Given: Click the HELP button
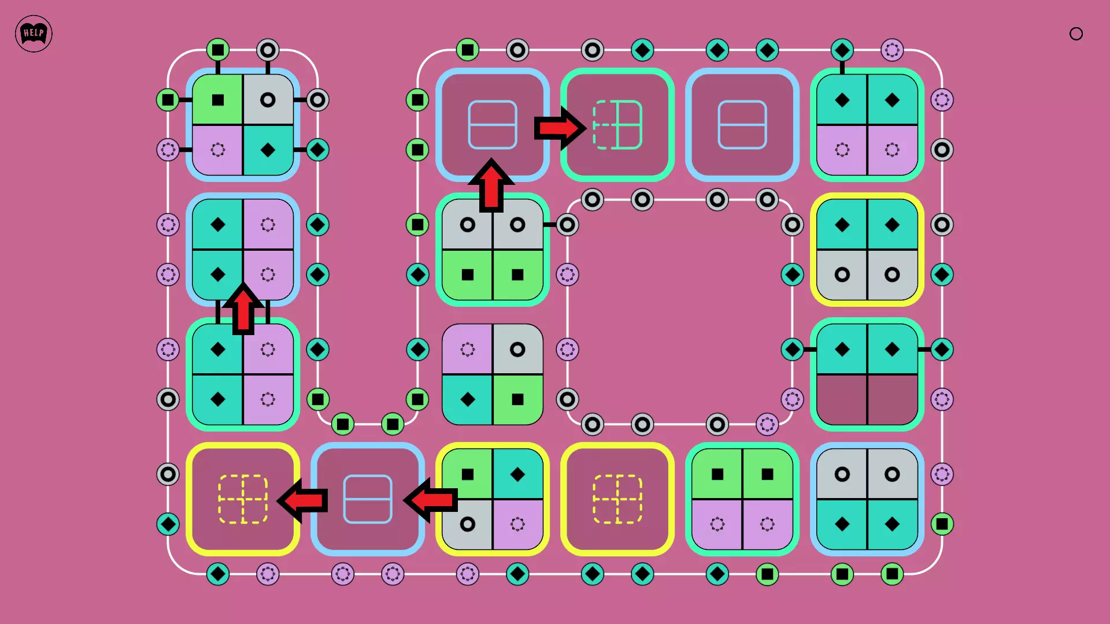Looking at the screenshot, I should [x=34, y=34].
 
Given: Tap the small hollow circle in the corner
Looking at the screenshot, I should [x=1076, y=34].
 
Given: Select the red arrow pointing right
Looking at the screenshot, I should [x=558, y=128].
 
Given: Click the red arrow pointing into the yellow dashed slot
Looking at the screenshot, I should [x=304, y=500].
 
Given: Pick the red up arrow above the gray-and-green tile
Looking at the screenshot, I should [x=491, y=185].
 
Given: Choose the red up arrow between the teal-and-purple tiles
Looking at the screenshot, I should [x=243, y=309].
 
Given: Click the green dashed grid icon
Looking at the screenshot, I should [x=617, y=125].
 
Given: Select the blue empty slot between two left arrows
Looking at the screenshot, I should [x=368, y=499].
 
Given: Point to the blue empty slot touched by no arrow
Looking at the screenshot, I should [x=742, y=125].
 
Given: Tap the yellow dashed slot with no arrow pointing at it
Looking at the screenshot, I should [x=617, y=499].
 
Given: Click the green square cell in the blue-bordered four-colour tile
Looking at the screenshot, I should [x=218, y=100].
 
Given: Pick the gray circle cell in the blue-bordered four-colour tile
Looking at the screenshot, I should [x=268, y=100].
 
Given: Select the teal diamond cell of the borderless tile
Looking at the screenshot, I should [x=468, y=399].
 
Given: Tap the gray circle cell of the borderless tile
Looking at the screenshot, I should [x=517, y=350].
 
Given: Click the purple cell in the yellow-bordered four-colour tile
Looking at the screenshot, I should [x=517, y=524].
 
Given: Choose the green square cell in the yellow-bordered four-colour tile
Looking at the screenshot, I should [x=468, y=474].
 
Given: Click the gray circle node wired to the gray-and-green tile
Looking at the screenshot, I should [x=567, y=225].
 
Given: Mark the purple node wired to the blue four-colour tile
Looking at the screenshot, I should [x=168, y=150].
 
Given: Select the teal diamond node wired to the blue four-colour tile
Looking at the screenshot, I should [x=317, y=150].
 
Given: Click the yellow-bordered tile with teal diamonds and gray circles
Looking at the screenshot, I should [x=867, y=250].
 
